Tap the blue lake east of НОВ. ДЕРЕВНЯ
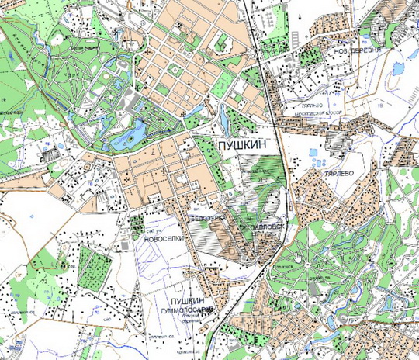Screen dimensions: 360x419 (399, 68)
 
